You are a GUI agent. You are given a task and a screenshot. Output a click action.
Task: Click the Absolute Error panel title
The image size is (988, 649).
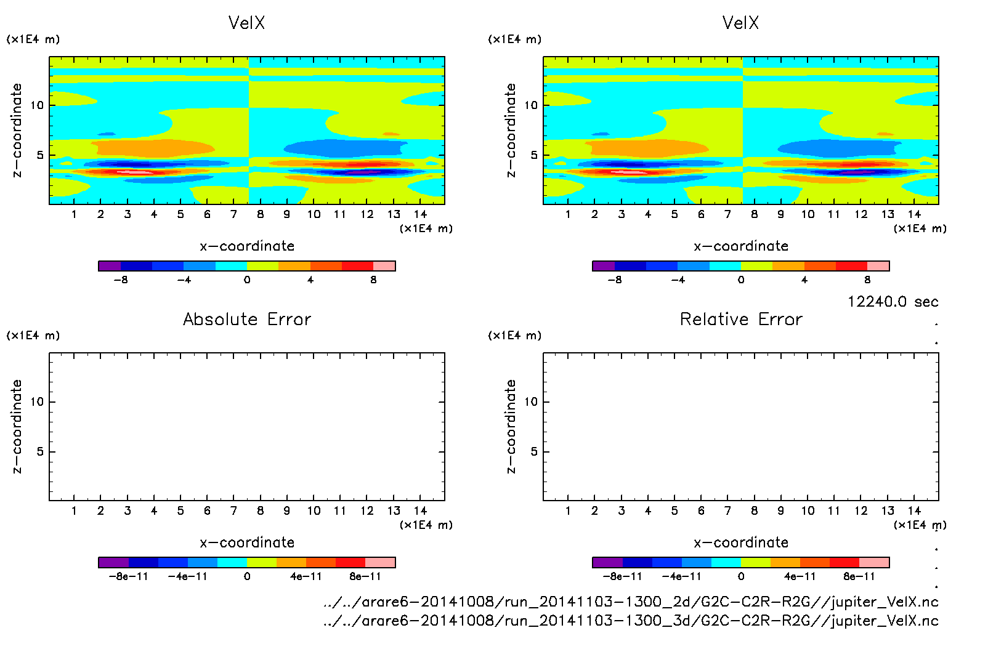pos(247,319)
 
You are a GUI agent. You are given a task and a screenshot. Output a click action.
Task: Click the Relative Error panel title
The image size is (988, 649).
pos(741,319)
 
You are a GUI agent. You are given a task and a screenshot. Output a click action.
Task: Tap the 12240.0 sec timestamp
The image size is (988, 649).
pos(893,302)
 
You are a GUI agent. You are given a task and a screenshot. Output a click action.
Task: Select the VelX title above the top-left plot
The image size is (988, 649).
pos(246,23)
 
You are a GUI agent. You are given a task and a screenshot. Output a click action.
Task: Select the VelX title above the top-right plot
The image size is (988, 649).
pos(740,23)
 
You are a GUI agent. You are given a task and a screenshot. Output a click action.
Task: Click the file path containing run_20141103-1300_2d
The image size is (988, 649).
pos(631,602)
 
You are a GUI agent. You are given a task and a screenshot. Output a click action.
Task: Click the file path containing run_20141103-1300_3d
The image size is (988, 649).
pos(631,621)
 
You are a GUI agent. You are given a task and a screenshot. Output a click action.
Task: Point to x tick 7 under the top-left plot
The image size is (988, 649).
pos(233,214)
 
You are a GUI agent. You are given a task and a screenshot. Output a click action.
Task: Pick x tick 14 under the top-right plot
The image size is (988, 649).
pos(914,214)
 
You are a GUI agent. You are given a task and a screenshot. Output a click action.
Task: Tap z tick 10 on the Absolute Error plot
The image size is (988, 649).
pos(37,402)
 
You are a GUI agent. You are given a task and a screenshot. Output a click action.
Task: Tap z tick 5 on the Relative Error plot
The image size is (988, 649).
pos(534,452)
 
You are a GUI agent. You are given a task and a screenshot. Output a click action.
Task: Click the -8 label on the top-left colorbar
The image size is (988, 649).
pos(121,280)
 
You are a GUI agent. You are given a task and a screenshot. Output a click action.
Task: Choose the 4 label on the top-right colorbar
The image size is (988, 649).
pos(804,280)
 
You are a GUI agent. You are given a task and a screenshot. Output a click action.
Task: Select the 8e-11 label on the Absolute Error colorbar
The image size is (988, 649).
pos(365,577)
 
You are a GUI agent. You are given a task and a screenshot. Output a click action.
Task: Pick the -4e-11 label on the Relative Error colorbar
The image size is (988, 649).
pos(681,577)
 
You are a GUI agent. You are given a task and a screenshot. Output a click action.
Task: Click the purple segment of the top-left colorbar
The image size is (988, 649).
pos(110,266)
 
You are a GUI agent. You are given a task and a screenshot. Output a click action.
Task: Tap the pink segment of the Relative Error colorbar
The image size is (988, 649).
pos(874,562)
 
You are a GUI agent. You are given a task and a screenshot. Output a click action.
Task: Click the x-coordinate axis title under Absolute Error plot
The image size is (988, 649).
pos(247,542)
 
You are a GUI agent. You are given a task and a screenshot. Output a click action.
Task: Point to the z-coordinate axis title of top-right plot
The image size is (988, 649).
pos(511,131)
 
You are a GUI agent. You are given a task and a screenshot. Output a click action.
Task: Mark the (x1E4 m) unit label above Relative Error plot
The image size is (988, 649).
pos(514,336)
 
